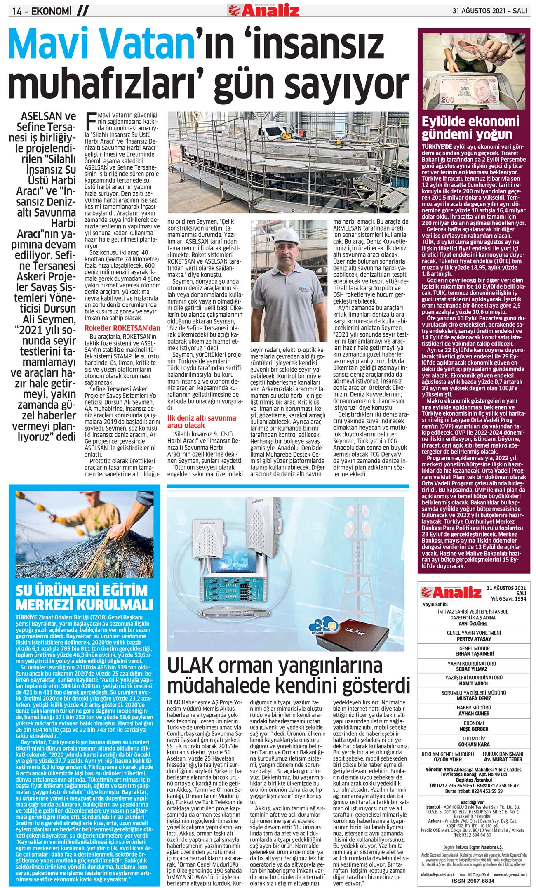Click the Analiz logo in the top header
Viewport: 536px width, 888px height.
pos(264,9)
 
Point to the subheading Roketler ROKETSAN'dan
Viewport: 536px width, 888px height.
pos(122,328)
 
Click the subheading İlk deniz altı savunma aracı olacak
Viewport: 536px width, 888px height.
pos(201,421)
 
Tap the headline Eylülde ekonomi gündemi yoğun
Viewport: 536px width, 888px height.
pos(470,128)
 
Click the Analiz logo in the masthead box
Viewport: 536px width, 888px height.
pos(451,593)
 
